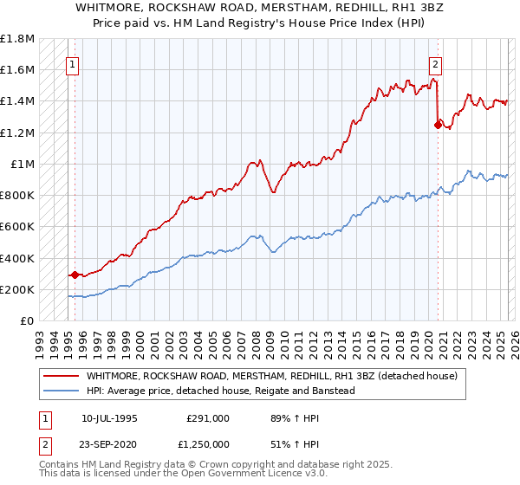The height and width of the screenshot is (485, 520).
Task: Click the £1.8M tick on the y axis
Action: [16, 39]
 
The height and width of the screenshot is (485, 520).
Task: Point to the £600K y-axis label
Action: [16, 227]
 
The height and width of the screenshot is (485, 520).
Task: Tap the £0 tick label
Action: [28, 321]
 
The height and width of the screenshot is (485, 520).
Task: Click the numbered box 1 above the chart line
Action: [73, 63]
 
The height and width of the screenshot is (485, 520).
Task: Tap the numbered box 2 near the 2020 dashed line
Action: [435, 63]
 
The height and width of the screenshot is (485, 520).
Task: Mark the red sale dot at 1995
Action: [75, 275]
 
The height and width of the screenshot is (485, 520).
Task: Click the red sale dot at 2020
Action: [438, 126]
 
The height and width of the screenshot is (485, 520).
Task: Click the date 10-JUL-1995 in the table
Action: [109, 417]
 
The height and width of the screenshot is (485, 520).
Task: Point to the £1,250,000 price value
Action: [208, 444]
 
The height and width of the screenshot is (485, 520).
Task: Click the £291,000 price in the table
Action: [208, 417]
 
